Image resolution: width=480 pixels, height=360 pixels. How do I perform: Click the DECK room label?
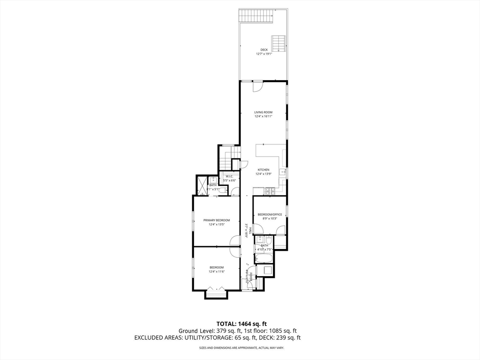tap(264, 49)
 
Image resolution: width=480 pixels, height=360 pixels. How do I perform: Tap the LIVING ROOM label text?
tap(263, 112)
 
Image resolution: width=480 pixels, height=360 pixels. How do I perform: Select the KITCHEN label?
tap(263, 169)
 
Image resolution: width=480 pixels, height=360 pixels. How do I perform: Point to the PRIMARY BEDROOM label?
tap(216, 220)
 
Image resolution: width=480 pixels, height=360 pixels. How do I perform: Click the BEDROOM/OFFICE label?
tap(270, 214)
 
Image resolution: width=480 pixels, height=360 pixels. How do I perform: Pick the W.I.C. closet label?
tap(229, 176)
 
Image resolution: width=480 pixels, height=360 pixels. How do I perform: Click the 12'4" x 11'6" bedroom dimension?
tap(217, 272)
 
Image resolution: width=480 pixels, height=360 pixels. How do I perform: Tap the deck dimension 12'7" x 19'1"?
tap(264, 54)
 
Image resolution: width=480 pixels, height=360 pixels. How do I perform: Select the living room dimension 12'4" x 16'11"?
tap(263, 116)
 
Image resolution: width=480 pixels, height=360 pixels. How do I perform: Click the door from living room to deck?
tap(258, 86)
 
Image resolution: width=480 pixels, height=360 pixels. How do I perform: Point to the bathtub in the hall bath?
tap(264, 258)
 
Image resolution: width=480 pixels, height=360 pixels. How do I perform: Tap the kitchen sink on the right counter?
tap(283, 172)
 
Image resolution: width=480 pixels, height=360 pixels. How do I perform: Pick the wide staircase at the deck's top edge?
tap(255, 16)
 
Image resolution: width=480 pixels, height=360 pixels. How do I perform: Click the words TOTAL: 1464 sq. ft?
tap(241, 323)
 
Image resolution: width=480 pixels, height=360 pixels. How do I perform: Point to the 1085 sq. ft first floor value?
tap(278, 330)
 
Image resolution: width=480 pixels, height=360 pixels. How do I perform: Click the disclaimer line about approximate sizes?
tap(241, 348)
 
